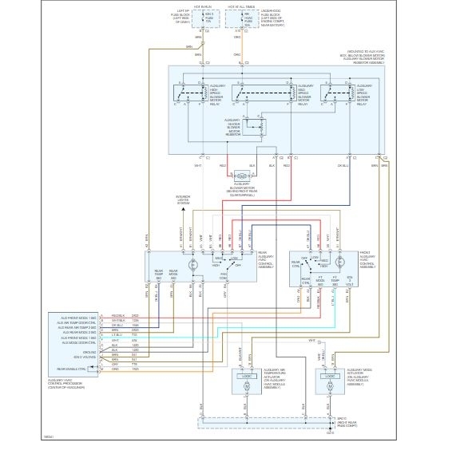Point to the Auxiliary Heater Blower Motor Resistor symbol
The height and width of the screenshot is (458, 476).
pyautogui.click(x=253, y=128)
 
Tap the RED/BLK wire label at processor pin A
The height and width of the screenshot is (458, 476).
pyautogui.click(x=116, y=317)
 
